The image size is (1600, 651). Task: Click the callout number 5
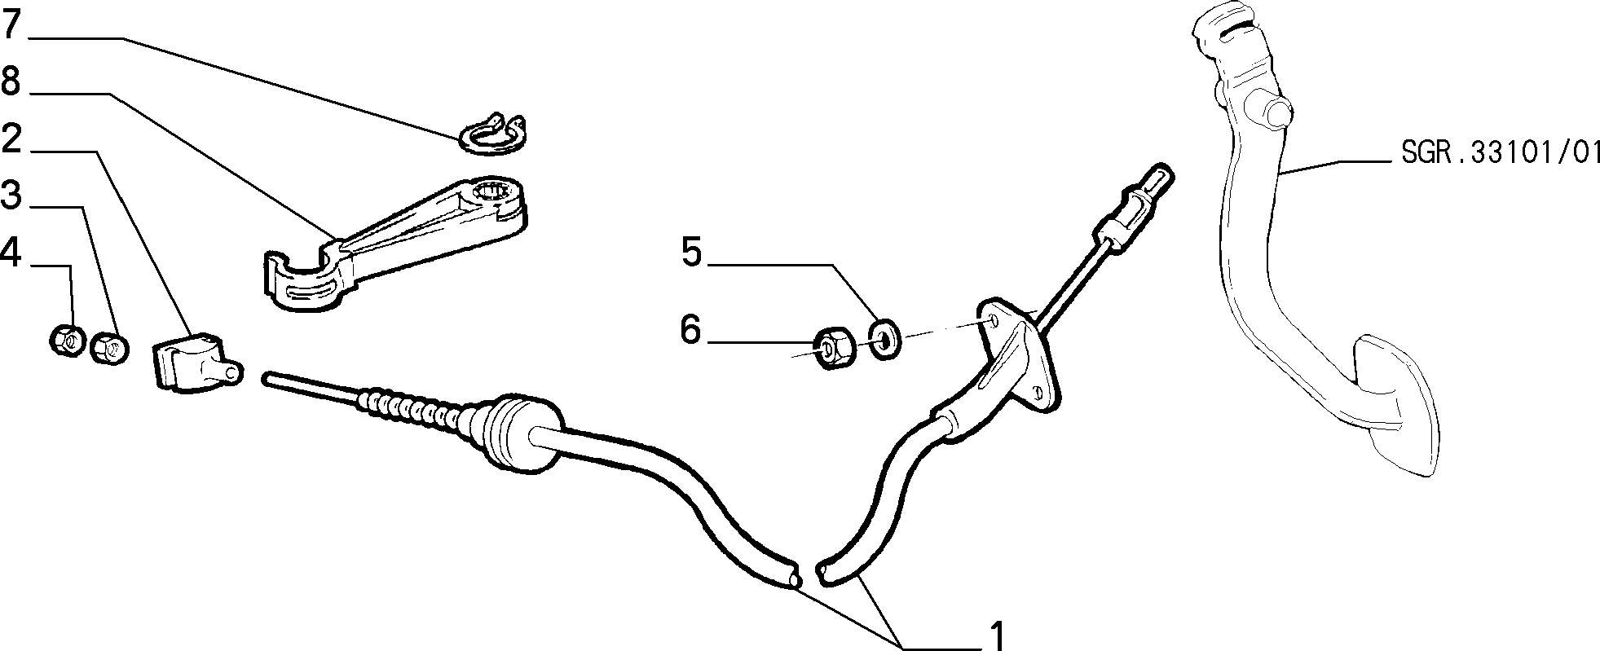(x=691, y=253)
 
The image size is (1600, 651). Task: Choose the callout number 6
(x=691, y=330)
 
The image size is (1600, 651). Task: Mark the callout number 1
(x=997, y=635)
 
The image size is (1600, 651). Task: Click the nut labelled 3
(x=109, y=348)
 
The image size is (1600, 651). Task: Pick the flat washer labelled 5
(x=884, y=339)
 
